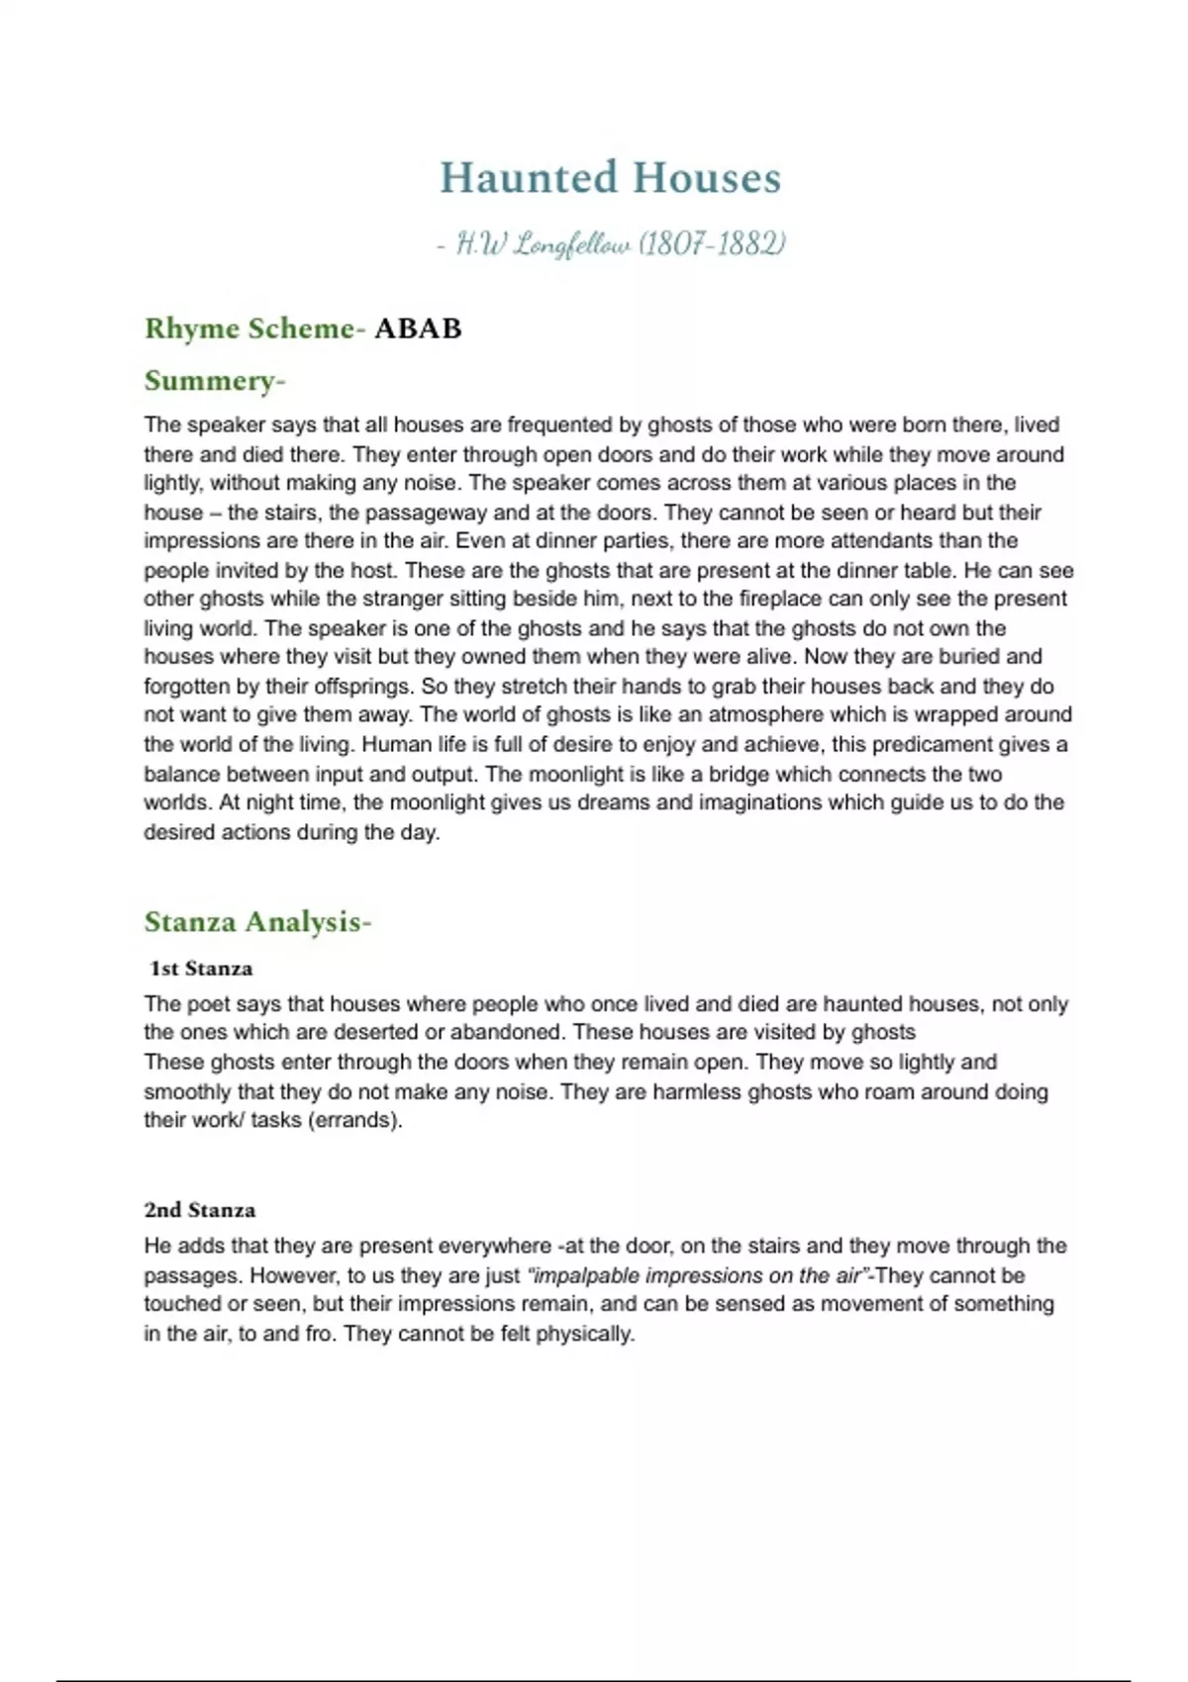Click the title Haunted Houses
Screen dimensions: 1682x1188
(610, 178)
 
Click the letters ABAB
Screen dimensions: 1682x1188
(418, 328)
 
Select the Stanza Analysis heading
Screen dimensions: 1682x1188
(256, 922)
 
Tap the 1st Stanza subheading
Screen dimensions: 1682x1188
(201, 969)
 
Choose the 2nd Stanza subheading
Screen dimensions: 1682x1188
(199, 1210)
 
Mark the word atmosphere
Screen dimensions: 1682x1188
(765, 714)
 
